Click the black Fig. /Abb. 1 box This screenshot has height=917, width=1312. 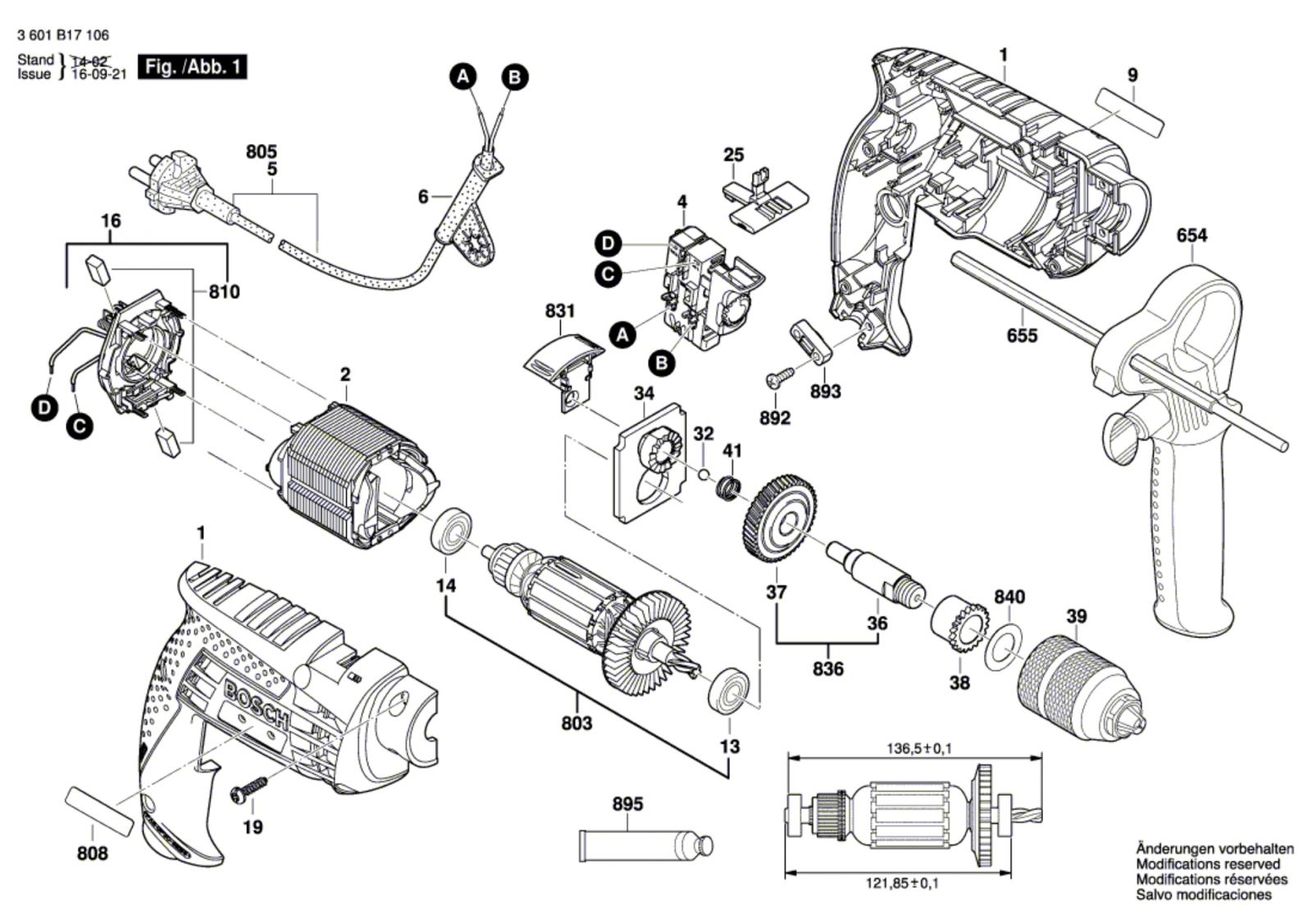(x=192, y=66)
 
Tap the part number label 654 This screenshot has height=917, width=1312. (x=1192, y=235)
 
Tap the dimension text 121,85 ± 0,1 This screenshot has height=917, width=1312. (x=902, y=883)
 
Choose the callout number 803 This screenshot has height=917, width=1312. (x=577, y=724)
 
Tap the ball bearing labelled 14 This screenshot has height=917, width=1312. (x=453, y=531)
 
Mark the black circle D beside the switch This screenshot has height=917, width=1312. (x=608, y=243)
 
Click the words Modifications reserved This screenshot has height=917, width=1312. (x=1209, y=864)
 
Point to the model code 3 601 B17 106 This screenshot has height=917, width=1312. (x=63, y=35)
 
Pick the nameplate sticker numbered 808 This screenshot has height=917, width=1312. (x=99, y=812)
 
